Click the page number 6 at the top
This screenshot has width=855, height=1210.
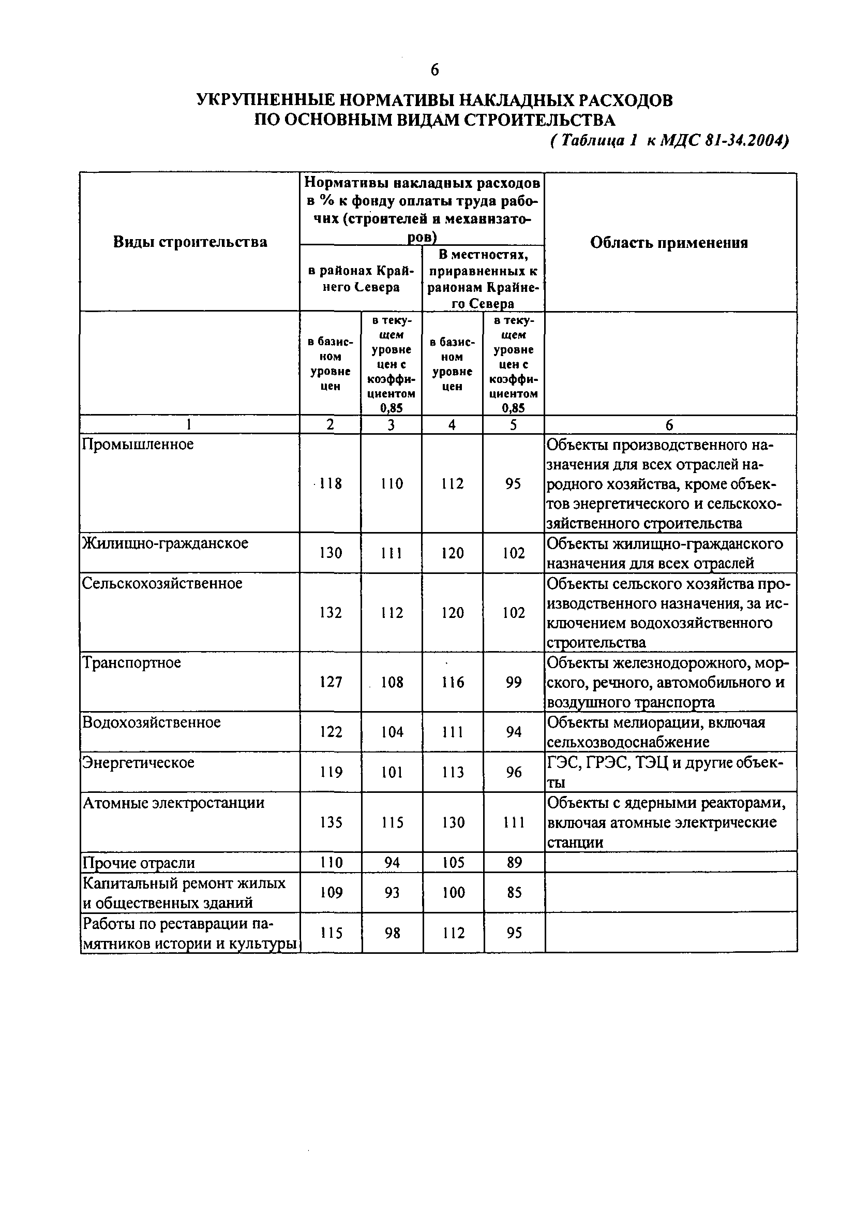tap(434, 69)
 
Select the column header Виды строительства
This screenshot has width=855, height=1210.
tap(190, 242)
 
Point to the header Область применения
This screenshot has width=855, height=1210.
tap(669, 242)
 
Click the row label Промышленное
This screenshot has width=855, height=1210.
tap(138, 444)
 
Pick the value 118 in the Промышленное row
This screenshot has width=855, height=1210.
tap(331, 483)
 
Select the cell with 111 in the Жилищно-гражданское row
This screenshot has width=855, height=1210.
tap(392, 553)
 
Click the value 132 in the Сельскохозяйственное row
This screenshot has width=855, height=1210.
tap(331, 612)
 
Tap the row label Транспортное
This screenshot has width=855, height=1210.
tap(132, 662)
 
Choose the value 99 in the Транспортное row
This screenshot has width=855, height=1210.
tap(513, 682)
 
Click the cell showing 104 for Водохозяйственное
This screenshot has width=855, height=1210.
tap(392, 731)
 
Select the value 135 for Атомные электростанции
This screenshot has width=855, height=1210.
tap(331, 822)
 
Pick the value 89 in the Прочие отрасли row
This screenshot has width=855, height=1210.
tap(514, 862)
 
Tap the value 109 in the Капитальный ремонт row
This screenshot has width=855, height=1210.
tap(331, 892)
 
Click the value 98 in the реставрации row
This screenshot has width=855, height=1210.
tap(392, 933)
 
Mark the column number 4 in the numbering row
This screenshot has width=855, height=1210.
tap(452, 425)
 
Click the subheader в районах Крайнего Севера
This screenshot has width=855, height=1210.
tap(361, 278)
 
